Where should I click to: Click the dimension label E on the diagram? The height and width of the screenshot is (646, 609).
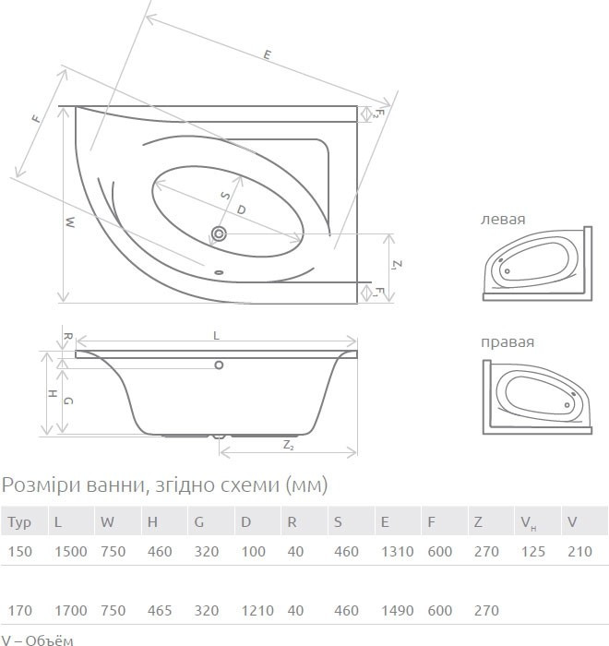[268, 54]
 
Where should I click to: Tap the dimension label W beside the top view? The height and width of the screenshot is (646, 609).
[70, 222]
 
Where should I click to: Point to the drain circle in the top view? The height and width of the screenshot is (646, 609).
[219, 234]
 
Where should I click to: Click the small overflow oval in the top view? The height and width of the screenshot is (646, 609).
[219, 272]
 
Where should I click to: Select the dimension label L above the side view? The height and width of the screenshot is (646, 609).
[216, 336]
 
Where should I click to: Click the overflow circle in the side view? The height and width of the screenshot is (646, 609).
[219, 365]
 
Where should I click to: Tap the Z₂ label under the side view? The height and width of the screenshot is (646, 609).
[289, 446]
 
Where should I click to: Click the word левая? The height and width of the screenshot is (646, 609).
[503, 219]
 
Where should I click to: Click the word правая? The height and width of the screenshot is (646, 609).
[507, 342]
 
